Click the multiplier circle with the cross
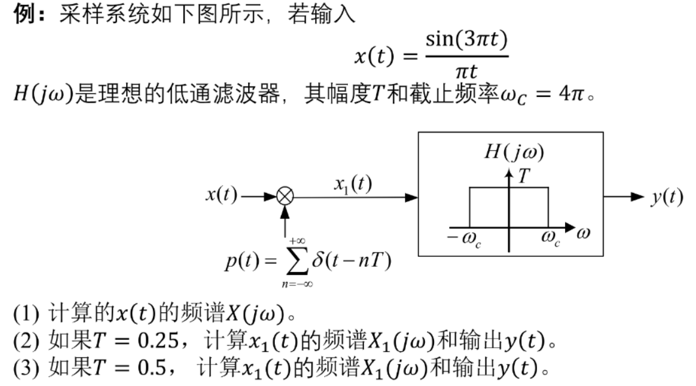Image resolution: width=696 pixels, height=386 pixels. (285, 196)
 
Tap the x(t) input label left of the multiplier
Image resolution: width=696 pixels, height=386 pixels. (221, 195)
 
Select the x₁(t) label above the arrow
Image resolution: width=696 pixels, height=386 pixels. (353, 183)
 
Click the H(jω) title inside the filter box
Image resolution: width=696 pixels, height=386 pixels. (514, 152)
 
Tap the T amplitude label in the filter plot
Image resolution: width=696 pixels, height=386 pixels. (524, 177)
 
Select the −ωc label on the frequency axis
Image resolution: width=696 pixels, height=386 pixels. (464, 239)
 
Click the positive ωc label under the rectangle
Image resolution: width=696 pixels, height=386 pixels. (550, 238)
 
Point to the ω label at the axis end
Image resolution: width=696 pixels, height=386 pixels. (583, 233)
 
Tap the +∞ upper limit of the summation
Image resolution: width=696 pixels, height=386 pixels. (297, 241)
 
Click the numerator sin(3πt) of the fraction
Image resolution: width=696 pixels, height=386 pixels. (466, 40)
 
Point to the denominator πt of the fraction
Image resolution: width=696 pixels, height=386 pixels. (466, 71)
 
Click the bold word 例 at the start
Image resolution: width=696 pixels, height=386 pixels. (24, 13)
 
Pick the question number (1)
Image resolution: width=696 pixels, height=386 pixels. (26, 314)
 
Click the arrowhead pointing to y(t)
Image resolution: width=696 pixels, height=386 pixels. (637, 196)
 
